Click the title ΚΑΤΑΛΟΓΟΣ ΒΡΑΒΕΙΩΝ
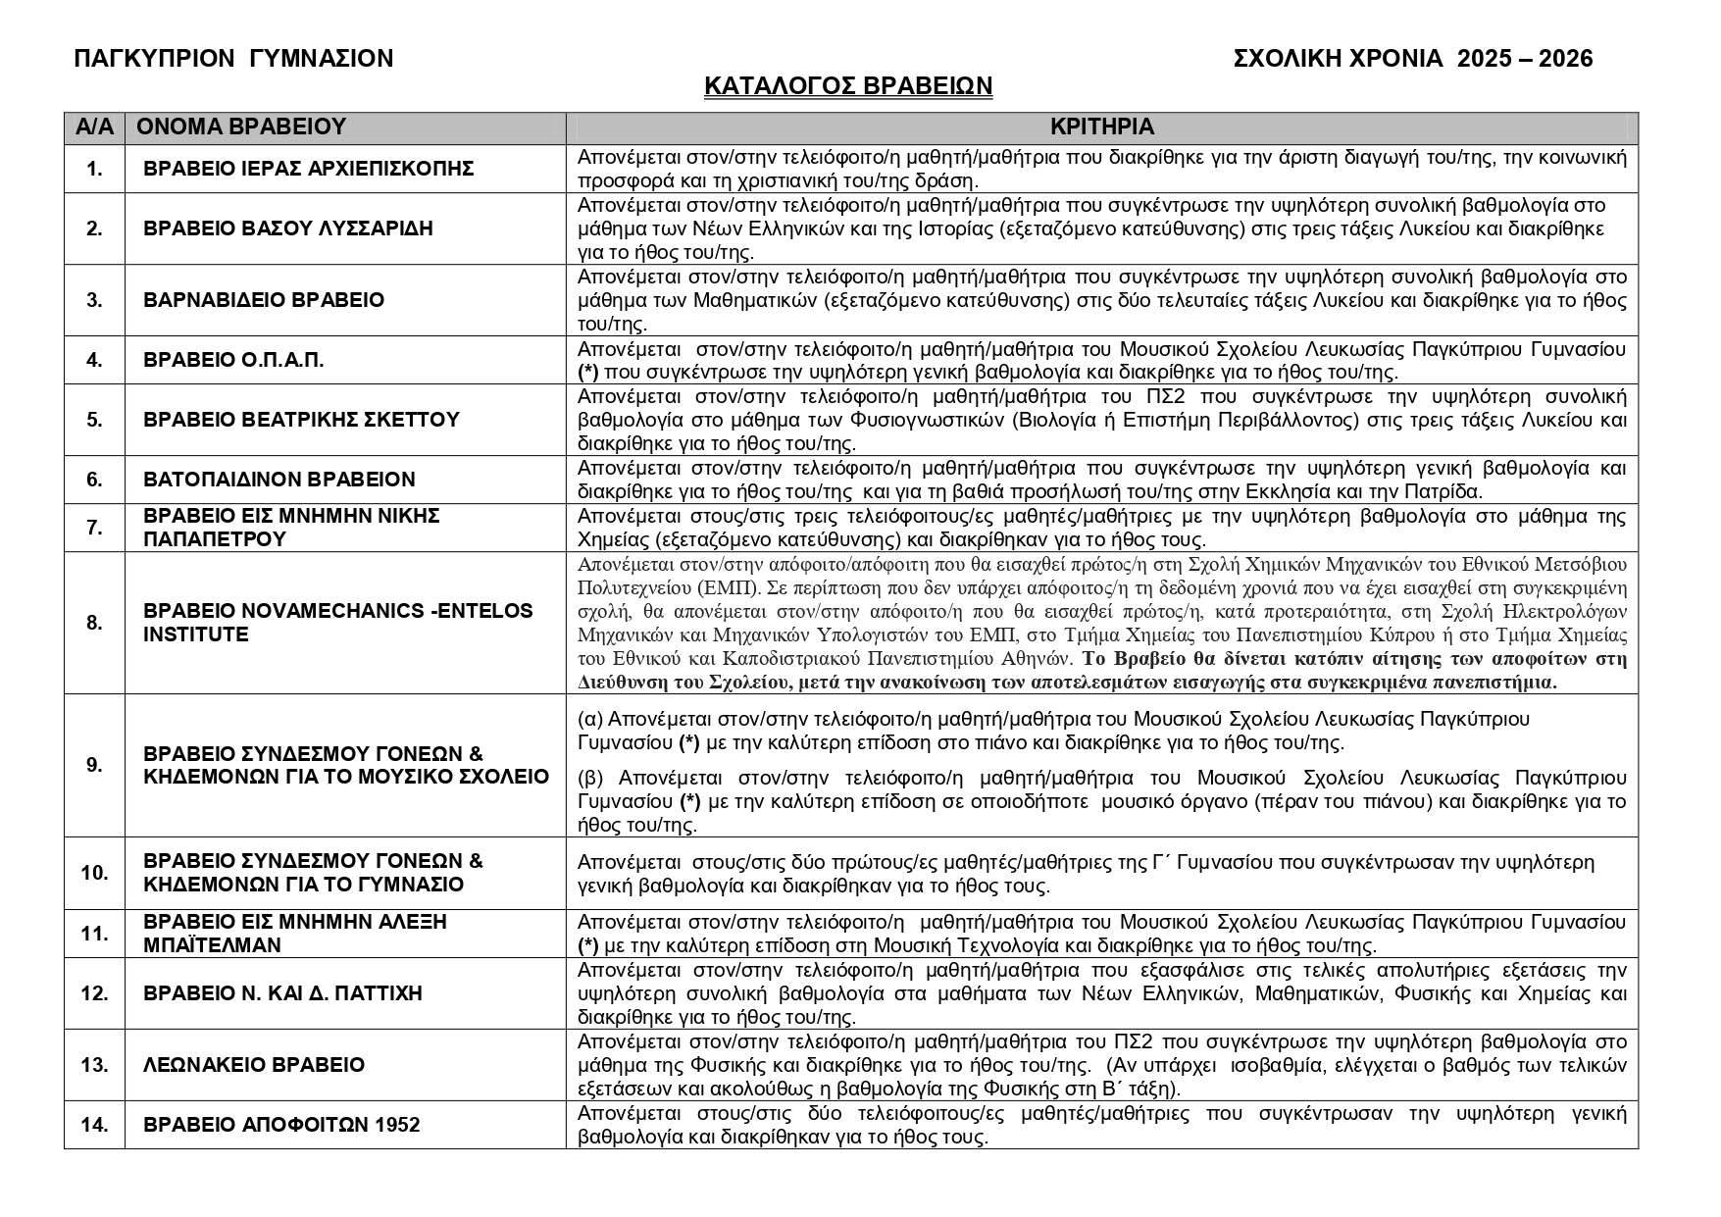point(848,86)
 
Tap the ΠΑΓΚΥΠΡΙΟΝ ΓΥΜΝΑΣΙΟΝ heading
point(233,59)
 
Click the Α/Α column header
point(94,127)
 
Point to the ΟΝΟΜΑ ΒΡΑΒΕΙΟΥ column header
point(241,127)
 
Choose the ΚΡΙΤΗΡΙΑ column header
point(1101,127)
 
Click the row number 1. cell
point(94,169)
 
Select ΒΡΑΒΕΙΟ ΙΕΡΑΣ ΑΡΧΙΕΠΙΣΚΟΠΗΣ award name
point(308,169)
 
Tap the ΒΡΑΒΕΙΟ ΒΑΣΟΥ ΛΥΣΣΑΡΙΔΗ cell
point(287,228)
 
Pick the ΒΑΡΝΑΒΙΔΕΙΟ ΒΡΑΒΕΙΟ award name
point(264,300)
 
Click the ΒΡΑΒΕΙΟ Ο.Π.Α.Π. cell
point(233,360)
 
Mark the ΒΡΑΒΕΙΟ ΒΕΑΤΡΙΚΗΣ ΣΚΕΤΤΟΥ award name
point(301,420)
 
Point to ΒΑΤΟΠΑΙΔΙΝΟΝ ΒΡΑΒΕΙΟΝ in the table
point(279,480)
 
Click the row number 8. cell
point(94,623)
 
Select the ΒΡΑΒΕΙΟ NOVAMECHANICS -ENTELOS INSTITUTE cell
point(337,623)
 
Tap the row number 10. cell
point(94,873)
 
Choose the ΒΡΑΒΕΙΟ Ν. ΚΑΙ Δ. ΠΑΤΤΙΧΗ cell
point(282,993)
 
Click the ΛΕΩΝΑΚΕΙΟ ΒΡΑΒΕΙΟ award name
point(254,1065)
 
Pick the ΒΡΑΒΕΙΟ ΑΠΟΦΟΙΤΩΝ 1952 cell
point(281,1125)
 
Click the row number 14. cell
point(94,1125)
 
